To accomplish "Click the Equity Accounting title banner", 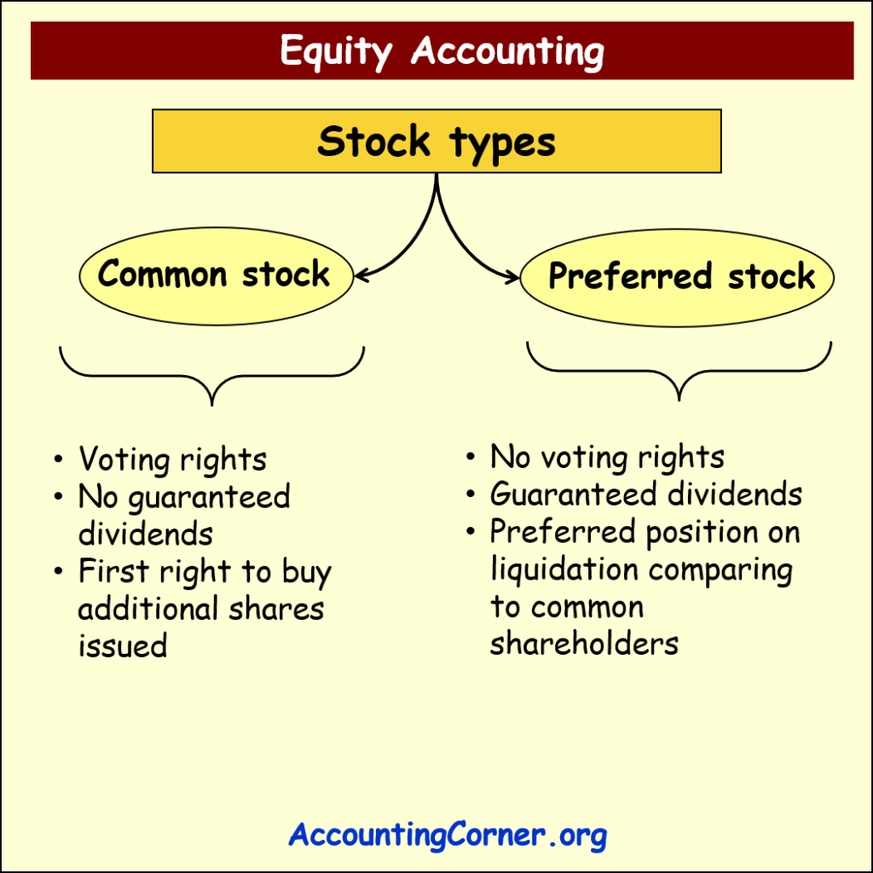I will [442, 51].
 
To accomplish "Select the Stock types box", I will [436, 141].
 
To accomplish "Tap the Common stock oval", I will [215, 275].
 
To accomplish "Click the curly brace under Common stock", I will [211, 375].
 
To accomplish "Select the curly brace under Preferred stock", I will [679, 371].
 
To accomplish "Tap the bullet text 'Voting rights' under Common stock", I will [172, 460].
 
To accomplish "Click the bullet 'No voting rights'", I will [607, 458].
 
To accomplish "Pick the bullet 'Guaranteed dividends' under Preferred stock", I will [645, 494].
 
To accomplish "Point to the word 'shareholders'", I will [584, 644].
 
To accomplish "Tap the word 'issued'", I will [122, 645].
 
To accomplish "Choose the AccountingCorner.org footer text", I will [447, 835].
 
